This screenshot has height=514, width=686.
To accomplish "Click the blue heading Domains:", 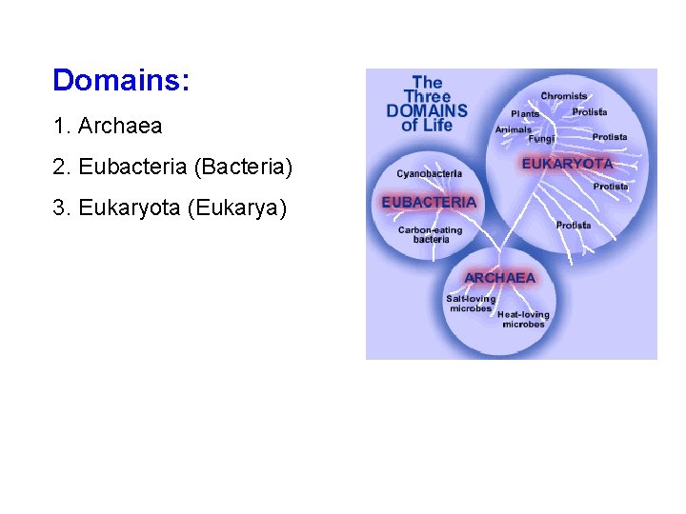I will [x=121, y=80].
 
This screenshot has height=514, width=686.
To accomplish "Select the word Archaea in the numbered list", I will [x=120, y=126].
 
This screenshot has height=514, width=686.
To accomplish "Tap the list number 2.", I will [x=60, y=168].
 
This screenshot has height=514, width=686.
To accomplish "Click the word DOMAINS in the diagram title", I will [x=427, y=110].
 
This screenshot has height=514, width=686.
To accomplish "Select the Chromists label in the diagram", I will [x=563, y=96].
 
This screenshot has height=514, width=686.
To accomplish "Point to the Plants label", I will [x=525, y=114].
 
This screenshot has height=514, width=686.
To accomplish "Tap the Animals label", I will [x=514, y=129].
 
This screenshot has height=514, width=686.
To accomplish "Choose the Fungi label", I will [x=541, y=139].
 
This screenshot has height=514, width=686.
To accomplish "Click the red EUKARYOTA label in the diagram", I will [x=567, y=164].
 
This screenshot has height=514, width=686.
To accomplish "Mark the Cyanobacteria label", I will [x=429, y=174].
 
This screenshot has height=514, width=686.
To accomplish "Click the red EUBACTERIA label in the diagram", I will [x=429, y=203].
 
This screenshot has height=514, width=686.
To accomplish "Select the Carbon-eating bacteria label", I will [x=431, y=234].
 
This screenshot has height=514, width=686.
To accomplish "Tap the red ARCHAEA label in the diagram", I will [x=499, y=278].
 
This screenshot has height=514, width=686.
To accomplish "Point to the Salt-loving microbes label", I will [x=471, y=304].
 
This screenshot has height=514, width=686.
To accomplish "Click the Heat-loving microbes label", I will [x=523, y=319].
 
